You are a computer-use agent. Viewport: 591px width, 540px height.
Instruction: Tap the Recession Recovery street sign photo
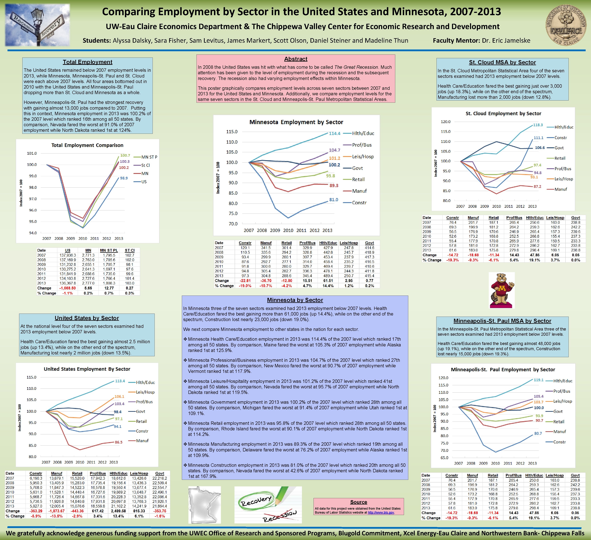pos(37,25)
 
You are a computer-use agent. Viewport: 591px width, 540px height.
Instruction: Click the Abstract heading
pos(295,59)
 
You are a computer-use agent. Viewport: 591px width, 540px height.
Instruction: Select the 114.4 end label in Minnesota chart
pos(334,133)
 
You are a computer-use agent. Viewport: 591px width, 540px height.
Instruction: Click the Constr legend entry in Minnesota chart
pos(359,203)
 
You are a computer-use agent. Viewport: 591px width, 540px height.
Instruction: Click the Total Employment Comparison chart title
pos(87,145)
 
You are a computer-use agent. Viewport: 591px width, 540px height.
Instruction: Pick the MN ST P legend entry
pos(149,157)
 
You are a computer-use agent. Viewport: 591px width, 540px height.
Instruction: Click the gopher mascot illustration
pos(502,290)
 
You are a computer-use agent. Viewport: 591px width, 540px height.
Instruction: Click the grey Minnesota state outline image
pos(204,504)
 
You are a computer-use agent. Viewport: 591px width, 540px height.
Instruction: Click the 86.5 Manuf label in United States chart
pos(119,442)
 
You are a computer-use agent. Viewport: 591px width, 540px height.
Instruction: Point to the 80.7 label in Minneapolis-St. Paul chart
pos(538,433)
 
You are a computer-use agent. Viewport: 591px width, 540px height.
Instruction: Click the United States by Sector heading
pos(87,318)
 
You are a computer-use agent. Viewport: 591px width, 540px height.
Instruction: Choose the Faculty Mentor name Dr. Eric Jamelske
pos(506,41)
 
